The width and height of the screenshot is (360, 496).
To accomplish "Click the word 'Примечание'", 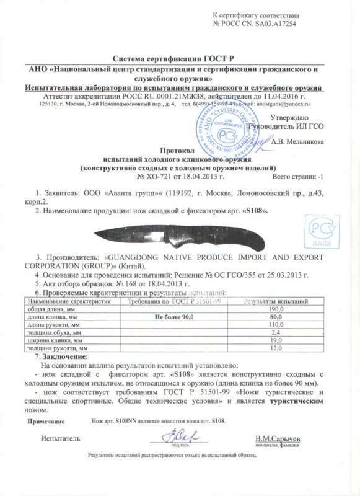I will pyautogui.click(x=48, y=421).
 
